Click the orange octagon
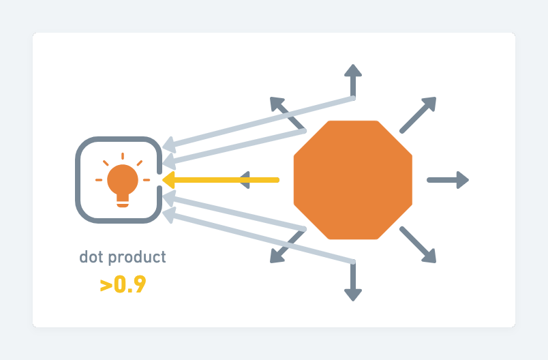point(353,180)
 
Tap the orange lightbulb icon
point(123,180)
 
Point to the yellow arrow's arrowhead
point(168,180)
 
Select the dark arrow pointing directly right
point(447,180)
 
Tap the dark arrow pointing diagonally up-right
point(418,115)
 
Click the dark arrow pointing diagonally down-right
point(418,245)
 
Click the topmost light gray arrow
point(259,122)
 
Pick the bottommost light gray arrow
point(259,238)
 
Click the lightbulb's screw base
point(123,200)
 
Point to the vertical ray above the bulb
point(123,156)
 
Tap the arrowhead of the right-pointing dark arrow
point(462,180)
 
